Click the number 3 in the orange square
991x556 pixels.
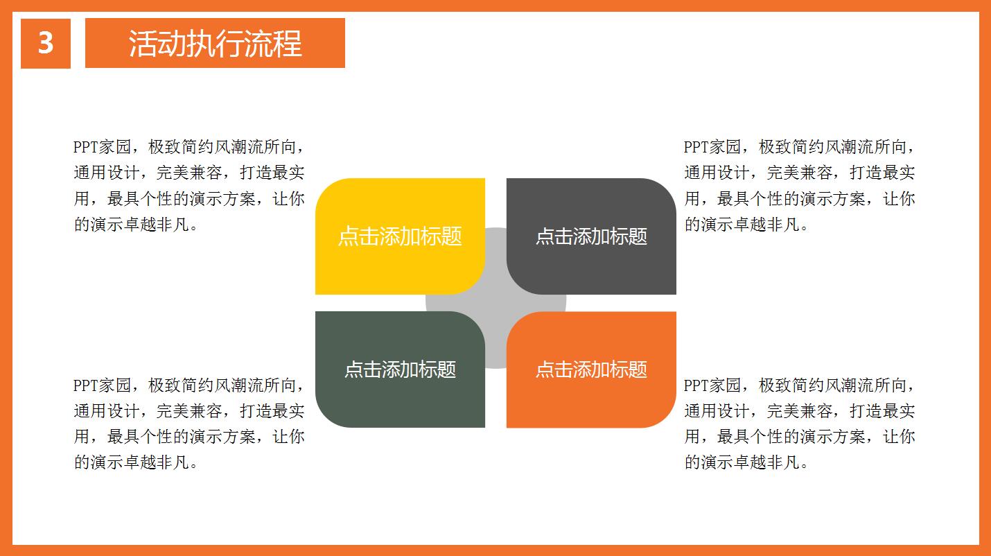[46, 44]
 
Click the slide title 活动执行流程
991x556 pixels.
[215, 44]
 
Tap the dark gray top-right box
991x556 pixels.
[591, 208]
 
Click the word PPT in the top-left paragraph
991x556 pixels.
[85, 147]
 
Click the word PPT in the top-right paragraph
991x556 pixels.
[696, 147]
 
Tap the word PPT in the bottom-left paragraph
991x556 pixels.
[85, 385]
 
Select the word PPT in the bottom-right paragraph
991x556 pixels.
[696, 385]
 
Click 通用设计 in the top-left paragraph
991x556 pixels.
[107, 173]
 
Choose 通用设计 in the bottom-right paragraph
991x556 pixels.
[717, 411]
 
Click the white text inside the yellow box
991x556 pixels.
[400, 236]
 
